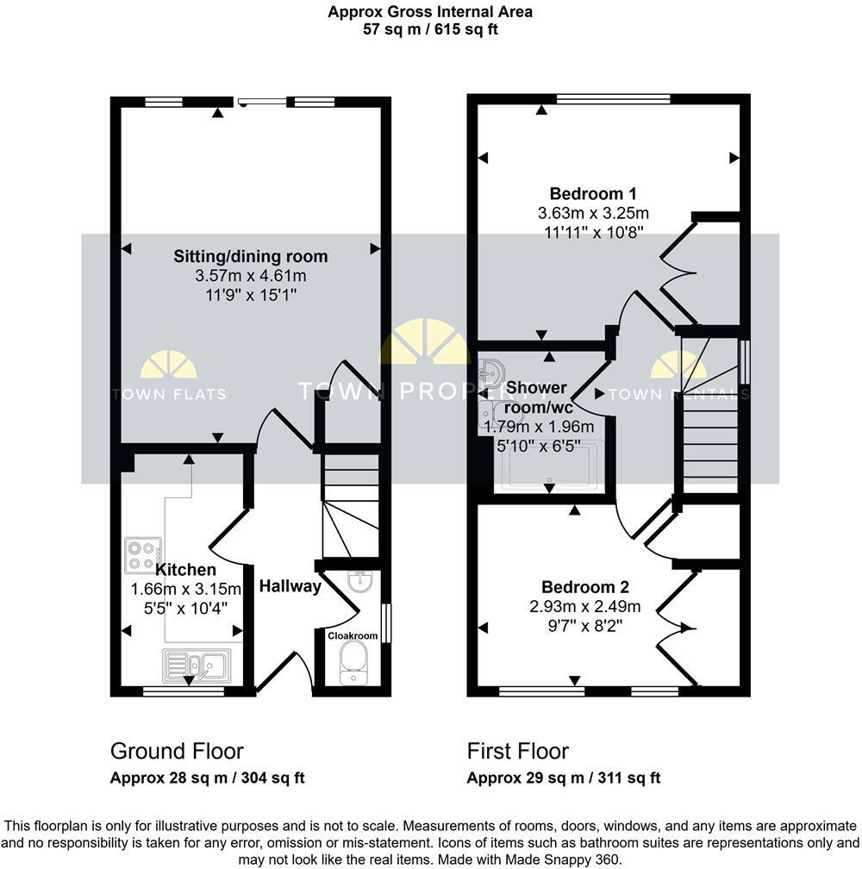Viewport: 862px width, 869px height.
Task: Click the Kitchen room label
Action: [185, 570]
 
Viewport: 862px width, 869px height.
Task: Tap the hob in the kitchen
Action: [142, 555]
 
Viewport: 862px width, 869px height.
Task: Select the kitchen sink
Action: [196, 665]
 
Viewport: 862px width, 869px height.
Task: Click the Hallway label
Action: [290, 587]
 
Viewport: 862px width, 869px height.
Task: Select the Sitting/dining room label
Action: [251, 257]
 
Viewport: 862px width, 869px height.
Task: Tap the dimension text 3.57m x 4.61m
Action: [251, 276]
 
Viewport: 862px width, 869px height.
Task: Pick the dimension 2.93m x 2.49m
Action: [585, 606]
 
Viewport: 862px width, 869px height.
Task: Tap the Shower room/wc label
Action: [539, 397]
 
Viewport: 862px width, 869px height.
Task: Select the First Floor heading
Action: [518, 751]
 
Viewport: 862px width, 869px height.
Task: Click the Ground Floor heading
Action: [177, 751]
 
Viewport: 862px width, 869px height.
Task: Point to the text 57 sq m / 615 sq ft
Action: [430, 28]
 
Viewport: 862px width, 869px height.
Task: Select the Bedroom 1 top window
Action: [613, 98]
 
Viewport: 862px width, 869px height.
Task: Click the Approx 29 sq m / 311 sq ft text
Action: [564, 778]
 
